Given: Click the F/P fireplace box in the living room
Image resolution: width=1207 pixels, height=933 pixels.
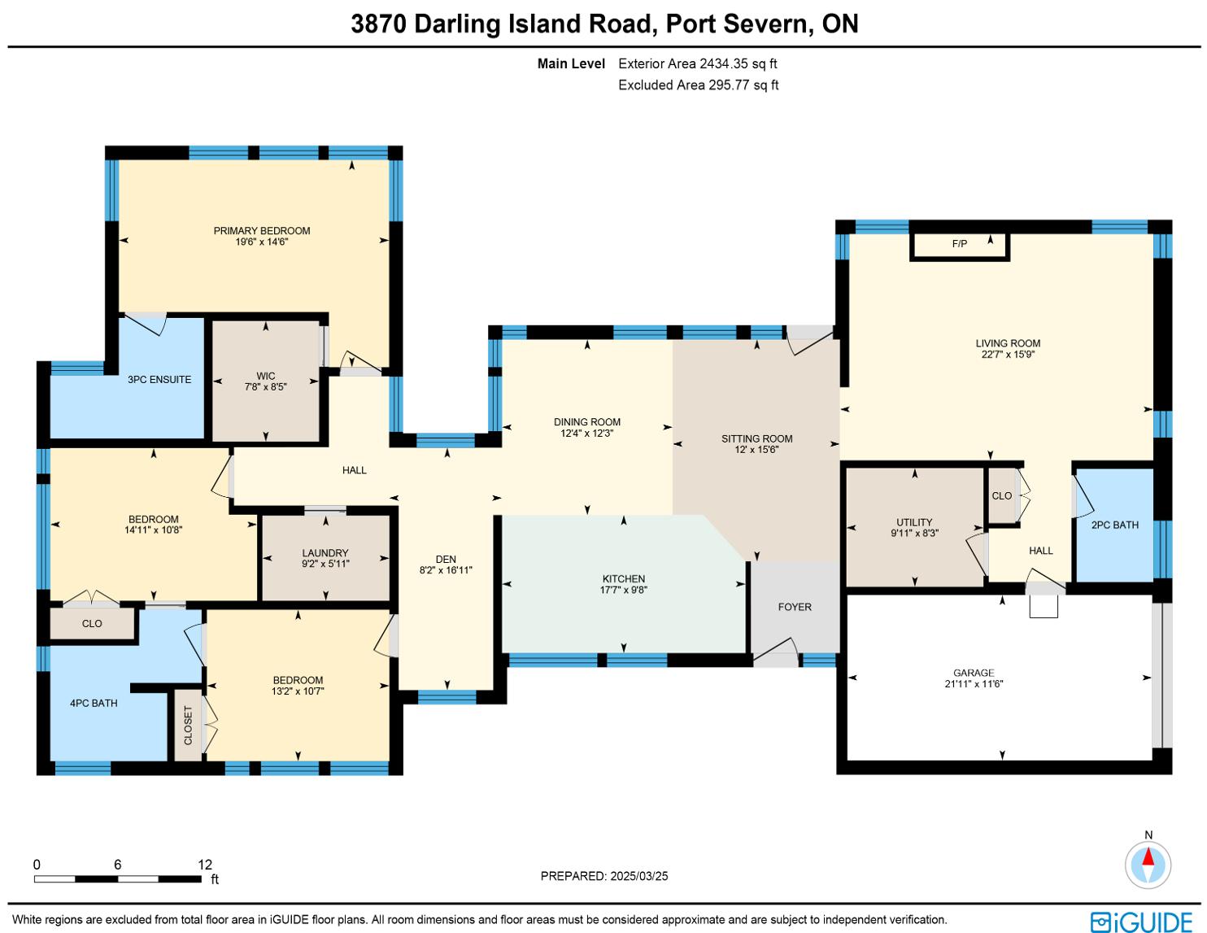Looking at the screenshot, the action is (x=959, y=246).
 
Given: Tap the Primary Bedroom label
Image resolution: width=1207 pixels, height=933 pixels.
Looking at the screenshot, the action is (x=262, y=230).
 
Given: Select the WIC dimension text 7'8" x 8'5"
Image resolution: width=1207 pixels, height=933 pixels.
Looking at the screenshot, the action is (x=265, y=386).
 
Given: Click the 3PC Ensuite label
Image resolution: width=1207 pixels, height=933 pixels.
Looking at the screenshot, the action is (x=159, y=379).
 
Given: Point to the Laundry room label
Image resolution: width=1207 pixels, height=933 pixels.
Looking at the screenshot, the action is (x=325, y=552).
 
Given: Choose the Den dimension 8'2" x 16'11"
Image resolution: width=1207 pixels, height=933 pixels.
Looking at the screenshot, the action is (x=446, y=569).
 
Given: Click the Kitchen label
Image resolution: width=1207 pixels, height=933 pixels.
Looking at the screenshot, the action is (x=623, y=578).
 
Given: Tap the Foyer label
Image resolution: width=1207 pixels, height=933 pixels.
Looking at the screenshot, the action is (x=795, y=607).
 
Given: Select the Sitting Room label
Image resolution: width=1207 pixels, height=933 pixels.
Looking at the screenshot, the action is (x=756, y=438).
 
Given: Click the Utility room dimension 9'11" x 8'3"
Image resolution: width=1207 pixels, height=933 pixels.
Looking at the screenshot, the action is (x=914, y=533).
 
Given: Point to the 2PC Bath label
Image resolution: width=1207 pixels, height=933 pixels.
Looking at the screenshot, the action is (x=1114, y=525).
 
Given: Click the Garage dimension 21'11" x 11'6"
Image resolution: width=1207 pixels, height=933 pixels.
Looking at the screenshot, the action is (x=973, y=683).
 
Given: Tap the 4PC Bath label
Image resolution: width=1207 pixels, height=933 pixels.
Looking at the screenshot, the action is (x=94, y=703).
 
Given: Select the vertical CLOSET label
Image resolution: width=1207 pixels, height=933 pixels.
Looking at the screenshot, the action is (x=188, y=726).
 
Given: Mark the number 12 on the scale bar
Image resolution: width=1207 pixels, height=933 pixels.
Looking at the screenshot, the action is (x=205, y=864).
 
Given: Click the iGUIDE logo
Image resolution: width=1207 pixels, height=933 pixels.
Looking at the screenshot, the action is (x=1141, y=922).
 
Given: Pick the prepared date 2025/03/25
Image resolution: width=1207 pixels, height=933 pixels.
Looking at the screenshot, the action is (x=638, y=876).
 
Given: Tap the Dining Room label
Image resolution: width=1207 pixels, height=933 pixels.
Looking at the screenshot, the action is (x=586, y=421).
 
